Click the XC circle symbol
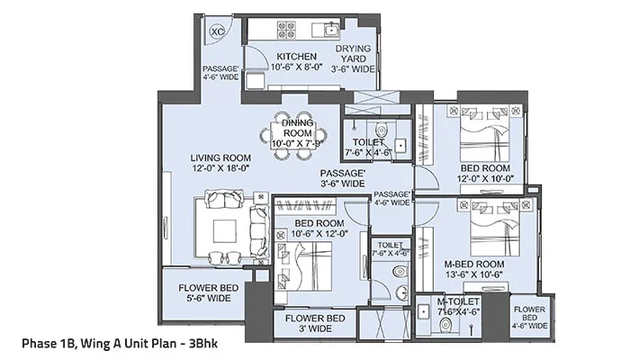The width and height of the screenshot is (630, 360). [x=217, y=31]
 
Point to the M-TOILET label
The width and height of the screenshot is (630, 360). [x=458, y=307]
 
